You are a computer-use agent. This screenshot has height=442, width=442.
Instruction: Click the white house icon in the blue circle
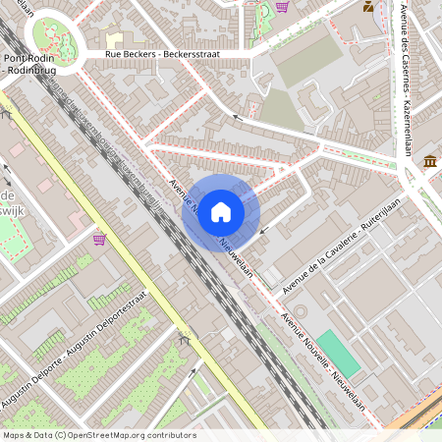click(221, 211)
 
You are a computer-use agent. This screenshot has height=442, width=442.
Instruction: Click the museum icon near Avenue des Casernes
click(430, 161)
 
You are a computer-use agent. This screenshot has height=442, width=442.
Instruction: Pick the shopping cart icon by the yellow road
click(99, 239)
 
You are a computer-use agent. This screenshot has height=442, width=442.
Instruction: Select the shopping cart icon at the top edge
click(283, 7)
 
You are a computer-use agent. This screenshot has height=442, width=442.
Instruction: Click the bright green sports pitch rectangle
click(338, 354)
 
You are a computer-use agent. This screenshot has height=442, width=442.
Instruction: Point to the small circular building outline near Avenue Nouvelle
click(300, 310)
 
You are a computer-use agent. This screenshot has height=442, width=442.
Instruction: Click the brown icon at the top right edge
click(367, 7)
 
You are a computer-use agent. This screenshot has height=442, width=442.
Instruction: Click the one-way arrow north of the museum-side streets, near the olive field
click(236, 118)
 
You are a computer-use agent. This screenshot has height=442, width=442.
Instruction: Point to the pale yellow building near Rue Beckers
click(114, 38)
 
